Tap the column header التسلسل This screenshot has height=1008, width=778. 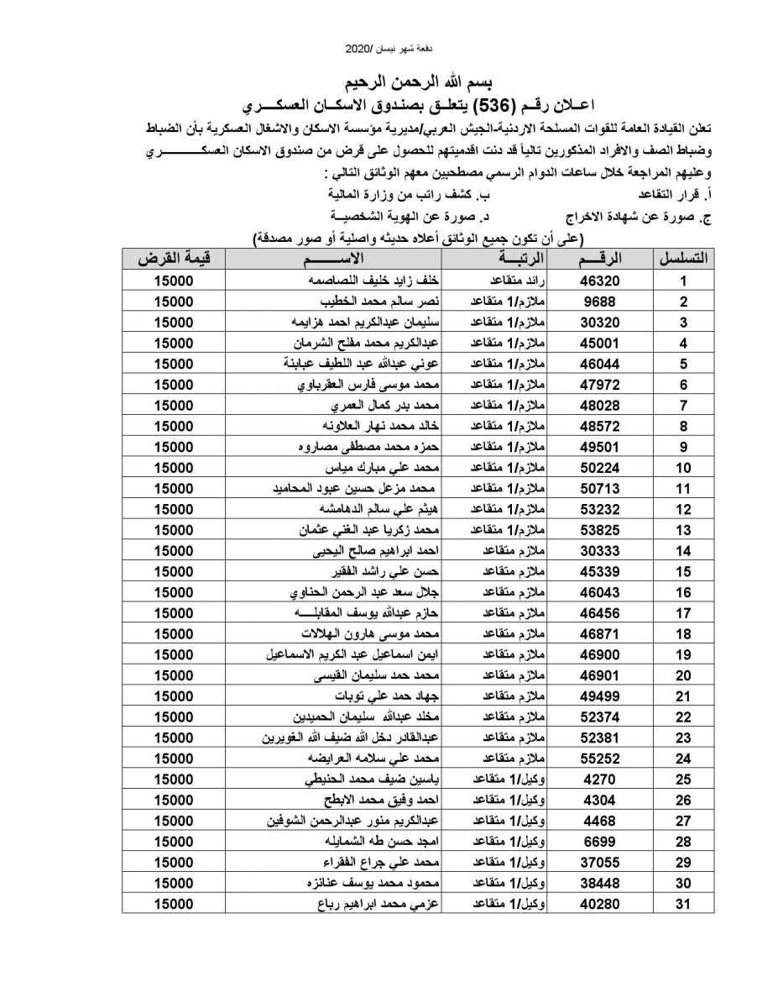point(684,260)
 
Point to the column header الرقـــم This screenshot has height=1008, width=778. point(600,260)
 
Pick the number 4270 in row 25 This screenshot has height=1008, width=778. point(600,780)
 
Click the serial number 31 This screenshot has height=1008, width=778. point(684,905)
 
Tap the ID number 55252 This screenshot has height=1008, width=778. point(600,759)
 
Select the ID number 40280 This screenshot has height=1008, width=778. point(600,905)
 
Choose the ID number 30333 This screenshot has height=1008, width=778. point(600,550)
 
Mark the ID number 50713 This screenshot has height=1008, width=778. point(600,488)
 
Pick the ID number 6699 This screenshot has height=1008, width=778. point(600,842)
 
